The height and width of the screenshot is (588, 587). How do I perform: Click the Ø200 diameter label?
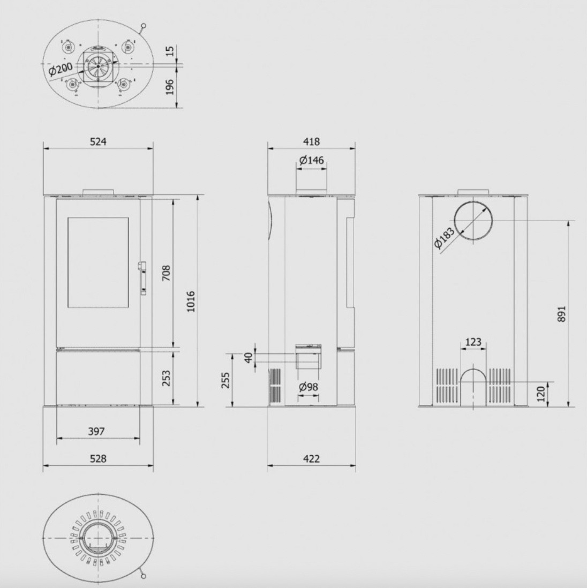(61, 70)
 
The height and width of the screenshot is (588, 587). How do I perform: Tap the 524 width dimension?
(98, 141)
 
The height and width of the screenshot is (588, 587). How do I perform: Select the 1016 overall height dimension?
(191, 301)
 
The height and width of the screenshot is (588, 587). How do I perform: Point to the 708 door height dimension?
(167, 273)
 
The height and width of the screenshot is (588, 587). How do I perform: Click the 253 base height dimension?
(167, 378)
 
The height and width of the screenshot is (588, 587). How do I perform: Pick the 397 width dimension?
(96, 431)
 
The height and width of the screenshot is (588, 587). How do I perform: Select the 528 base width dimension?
(98, 458)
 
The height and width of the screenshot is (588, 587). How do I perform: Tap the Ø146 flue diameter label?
(311, 161)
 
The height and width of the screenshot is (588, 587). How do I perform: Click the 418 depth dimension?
(311, 141)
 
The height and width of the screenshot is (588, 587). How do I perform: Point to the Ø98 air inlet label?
(308, 387)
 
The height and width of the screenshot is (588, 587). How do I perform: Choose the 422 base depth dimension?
(311, 458)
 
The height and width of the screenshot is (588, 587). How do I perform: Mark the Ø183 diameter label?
(445, 238)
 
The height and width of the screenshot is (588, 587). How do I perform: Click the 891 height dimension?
(561, 313)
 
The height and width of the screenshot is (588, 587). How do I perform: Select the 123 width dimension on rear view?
(473, 342)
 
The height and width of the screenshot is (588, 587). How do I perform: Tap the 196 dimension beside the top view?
(170, 87)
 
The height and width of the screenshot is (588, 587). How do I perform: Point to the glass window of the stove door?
(98, 262)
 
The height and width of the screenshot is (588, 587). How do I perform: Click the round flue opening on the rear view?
(473, 221)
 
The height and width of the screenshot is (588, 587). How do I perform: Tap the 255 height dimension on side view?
(225, 380)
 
